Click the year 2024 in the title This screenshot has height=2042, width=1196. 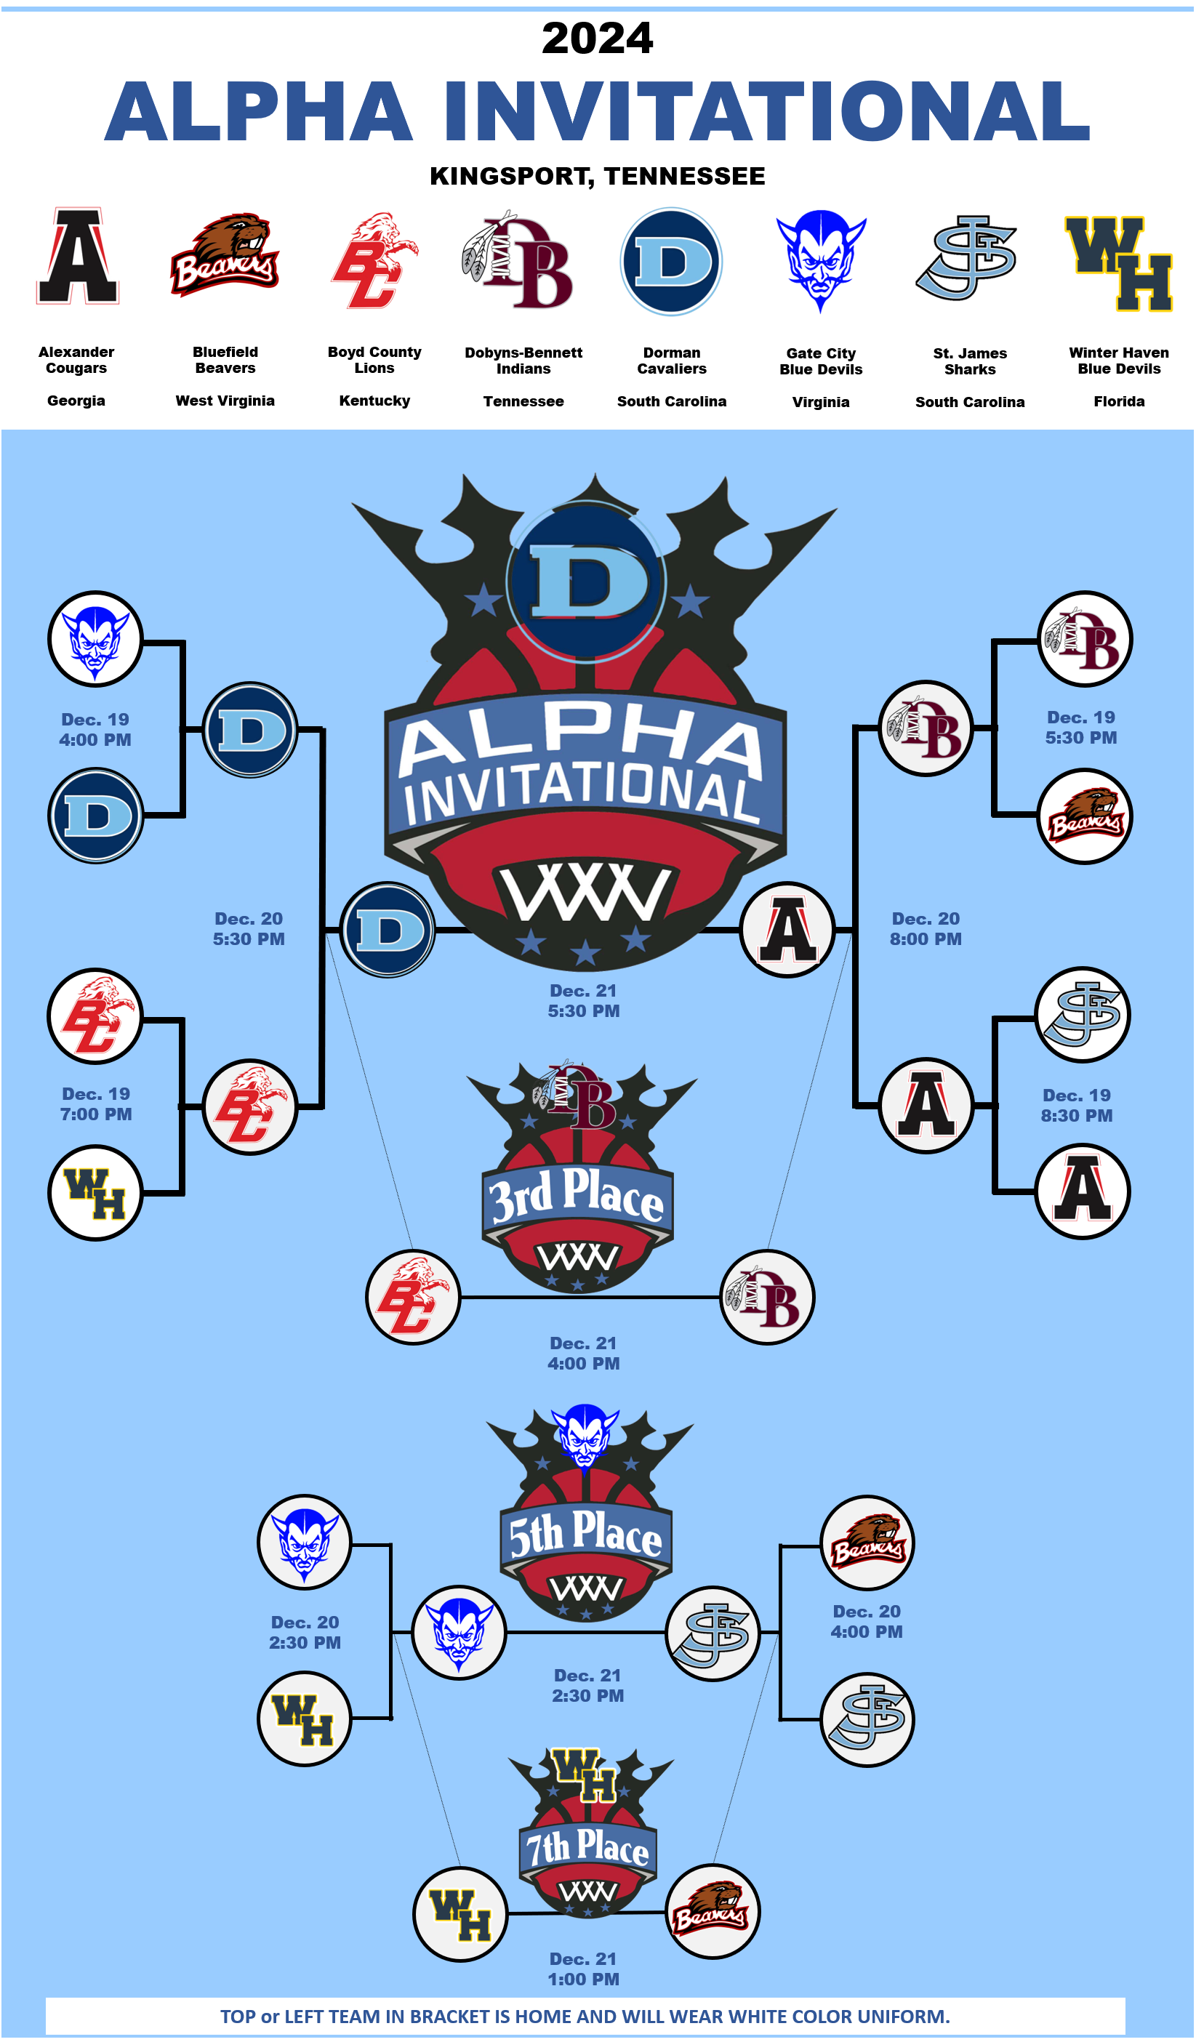click(597, 38)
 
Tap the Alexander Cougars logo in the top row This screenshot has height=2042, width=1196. click(77, 257)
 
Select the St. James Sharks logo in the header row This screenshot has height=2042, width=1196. click(968, 257)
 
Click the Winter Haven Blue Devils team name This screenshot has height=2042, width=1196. click(1118, 361)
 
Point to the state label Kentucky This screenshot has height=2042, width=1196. click(374, 401)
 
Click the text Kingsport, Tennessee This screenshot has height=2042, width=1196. click(597, 176)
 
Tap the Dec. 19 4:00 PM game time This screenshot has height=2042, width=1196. click(95, 729)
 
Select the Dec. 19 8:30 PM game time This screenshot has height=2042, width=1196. click(1076, 1105)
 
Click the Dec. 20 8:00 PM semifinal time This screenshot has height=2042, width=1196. click(926, 928)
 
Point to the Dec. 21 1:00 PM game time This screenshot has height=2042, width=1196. click(583, 1969)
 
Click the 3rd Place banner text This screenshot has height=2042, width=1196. click(577, 1196)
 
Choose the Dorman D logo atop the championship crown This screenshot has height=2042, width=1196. click(587, 581)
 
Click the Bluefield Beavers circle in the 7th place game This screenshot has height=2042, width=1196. click(713, 1913)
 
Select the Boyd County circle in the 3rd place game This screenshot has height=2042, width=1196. click(413, 1298)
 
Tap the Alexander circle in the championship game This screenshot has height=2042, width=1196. click(787, 930)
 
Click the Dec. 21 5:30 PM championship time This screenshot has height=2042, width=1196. click(583, 1001)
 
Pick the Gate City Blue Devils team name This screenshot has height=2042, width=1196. click(821, 361)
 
